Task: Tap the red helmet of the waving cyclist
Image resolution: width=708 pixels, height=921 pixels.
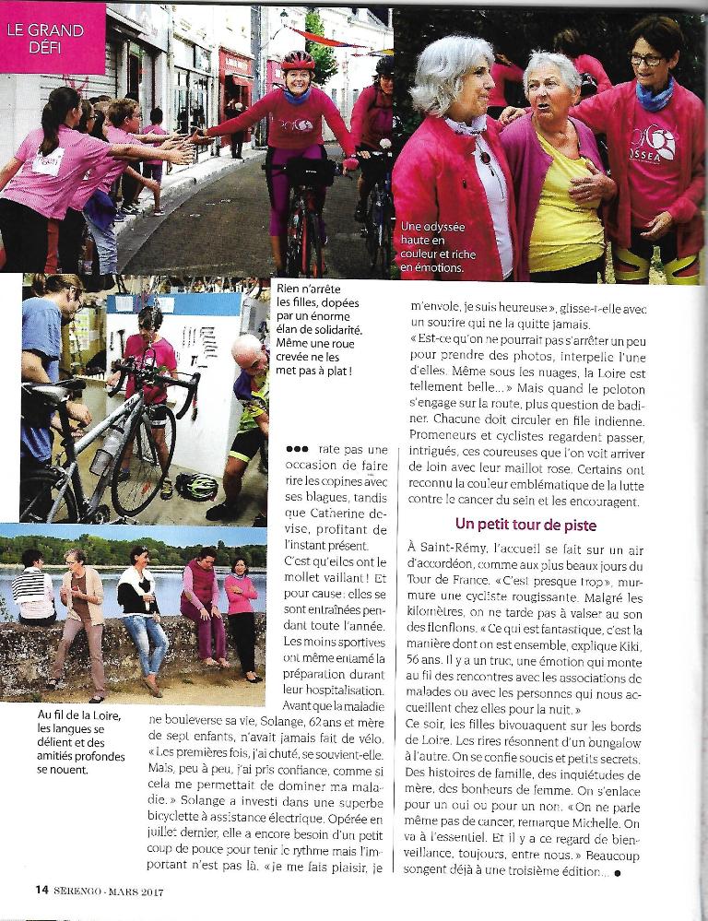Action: pos(298,61)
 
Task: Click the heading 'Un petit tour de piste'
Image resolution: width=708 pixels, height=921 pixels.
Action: pos(525,525)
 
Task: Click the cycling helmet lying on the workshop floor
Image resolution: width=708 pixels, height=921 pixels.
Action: pos(198,487)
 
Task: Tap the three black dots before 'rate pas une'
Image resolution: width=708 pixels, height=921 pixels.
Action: pos(297,449)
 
